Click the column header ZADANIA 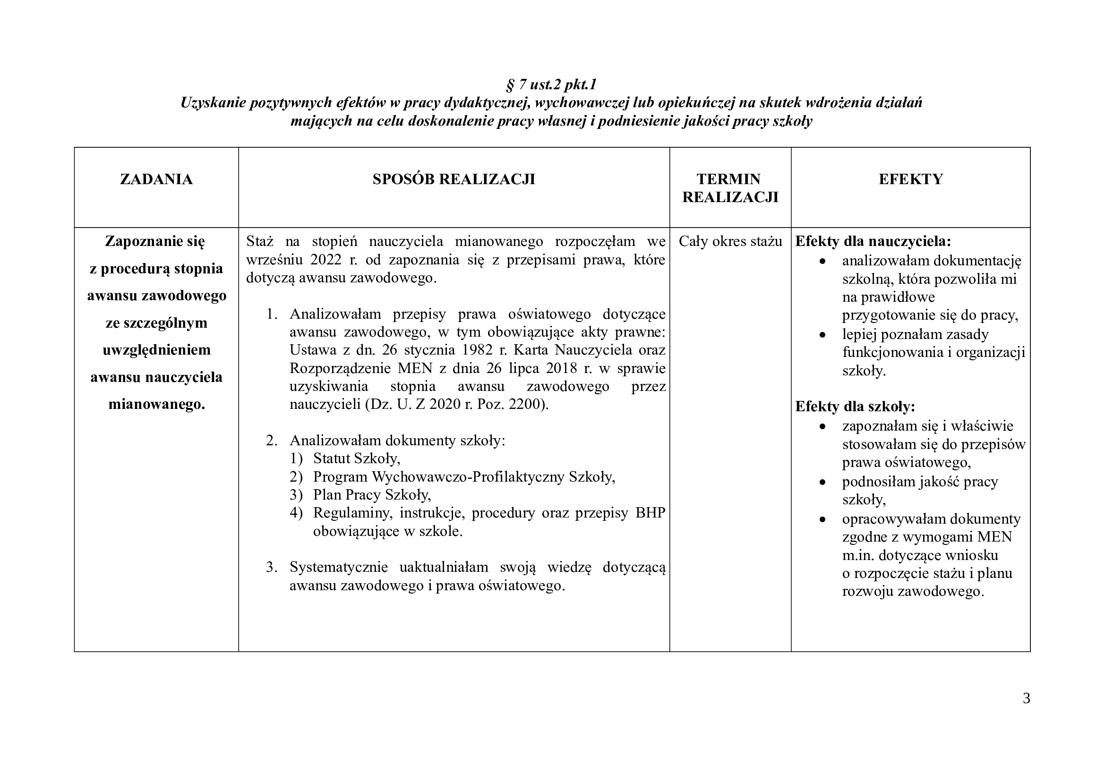(x=156, y=179)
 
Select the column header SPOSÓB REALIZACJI (x=454, y=179)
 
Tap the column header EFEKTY (x=910, y=179)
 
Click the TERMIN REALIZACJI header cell (x=729, y=188)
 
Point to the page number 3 (x=1026, y=698)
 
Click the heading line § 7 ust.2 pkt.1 (x=551, y=85)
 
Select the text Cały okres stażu (x=730, y=241)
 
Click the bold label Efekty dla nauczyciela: (x=873, y=241)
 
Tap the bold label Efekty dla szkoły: (x=855, y=407)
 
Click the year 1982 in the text (x=479, y=350)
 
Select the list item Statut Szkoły (x=356, y=459)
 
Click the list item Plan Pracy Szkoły (x=371, y=495)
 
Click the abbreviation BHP (x=650, y=513)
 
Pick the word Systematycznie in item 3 (x=338, y=568)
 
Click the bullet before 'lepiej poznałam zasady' (x=822, y=335)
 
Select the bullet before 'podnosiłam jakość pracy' (x=822, y=482)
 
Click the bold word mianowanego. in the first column (x=156, y=405)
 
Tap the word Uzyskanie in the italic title (x=212, y=103)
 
